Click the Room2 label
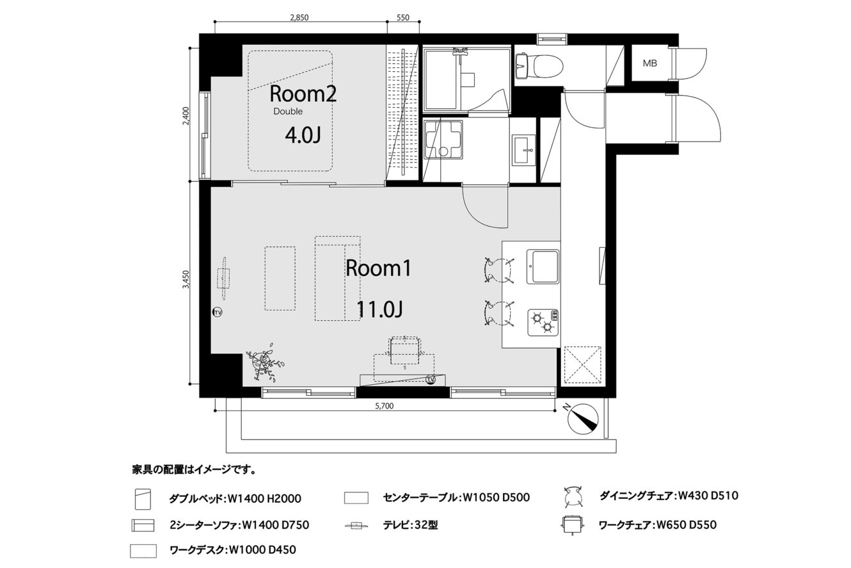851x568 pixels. pos(303,94)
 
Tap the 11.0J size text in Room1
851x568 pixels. pos(379,309)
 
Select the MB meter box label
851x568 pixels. pos(649,63)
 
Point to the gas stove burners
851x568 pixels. pos(543,322)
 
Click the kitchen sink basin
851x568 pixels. pos(543,266)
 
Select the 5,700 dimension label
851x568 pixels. pos(384,406)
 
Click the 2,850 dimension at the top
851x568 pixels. pos(299,17)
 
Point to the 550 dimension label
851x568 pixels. pos(403,17)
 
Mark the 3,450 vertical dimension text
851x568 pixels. pos(186,279)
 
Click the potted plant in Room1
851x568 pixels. pos(264,362)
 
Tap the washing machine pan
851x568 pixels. pos(443,140)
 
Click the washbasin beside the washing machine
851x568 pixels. pos(523,150)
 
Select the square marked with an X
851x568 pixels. pos(582,366)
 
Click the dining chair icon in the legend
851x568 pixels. pos(573,496)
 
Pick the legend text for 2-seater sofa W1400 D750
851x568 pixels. pos(239,525)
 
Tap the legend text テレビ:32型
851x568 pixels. pos(410,525)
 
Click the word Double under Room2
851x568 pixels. pos(288,111)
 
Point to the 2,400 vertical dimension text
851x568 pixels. pos(186,115)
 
